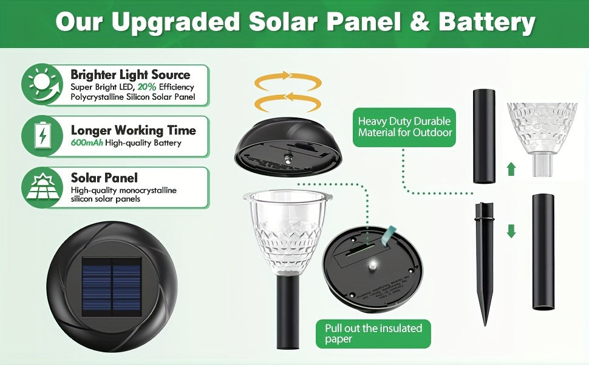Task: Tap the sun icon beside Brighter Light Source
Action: click(x=42, y=85)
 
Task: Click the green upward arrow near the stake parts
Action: click(x=511, y=169)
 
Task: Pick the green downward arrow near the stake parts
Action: click(x=511, y=231)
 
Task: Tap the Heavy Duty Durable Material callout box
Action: click(x=404, y=127)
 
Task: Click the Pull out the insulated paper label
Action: click(x=373, y=333)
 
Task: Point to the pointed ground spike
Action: click(x=484, y=268)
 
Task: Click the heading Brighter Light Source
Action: click(x=130, y=75)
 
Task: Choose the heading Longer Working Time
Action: click(x=133, y=130)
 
